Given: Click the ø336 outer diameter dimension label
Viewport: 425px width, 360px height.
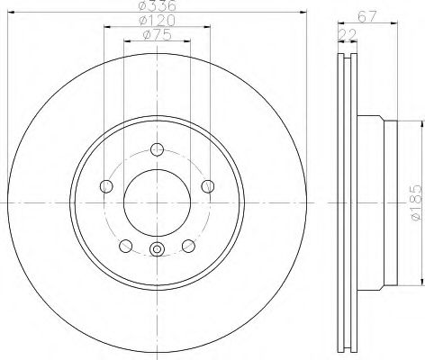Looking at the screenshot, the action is pyautogui.click(x=157, y=4).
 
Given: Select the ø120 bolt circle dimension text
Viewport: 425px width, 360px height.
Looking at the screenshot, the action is pyautogui.click(x=157, y=21).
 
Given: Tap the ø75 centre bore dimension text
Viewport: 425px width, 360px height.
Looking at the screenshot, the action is pyautogui.click(x=157, y=35).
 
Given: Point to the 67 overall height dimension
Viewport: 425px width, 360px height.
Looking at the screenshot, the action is pyautogui.click(x=366, y=17).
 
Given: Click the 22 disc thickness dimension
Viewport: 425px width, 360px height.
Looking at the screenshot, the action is pyautogui.click(x=348, y=35).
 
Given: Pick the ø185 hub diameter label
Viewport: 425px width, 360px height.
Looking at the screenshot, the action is pyautogui.click(x=417, y=203).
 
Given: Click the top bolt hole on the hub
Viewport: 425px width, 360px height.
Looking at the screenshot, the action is pyautogui.click(x=157, y=149).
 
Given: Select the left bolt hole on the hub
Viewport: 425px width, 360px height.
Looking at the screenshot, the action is pyautogui.click(x=106, y=186).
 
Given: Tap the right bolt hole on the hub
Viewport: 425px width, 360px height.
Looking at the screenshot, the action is pyautogui.click(x=208, y=186).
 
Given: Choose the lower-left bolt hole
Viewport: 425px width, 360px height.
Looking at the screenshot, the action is pyautogui.click(x=126, y=246).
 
